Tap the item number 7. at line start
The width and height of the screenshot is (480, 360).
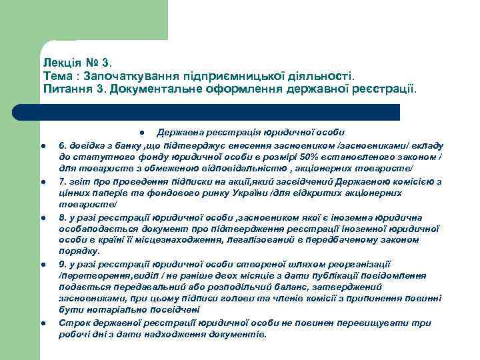(x=63, y=181)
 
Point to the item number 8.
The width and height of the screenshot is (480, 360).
(x=63, y=217)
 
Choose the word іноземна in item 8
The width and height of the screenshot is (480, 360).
(x=357, y=217)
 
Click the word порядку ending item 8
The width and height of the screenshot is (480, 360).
(x=79, y=251)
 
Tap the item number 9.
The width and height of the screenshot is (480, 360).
(x=63, y=264)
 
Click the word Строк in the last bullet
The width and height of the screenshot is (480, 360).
(x=72, y=323)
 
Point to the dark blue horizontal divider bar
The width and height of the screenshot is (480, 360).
(x=220, y=112)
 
